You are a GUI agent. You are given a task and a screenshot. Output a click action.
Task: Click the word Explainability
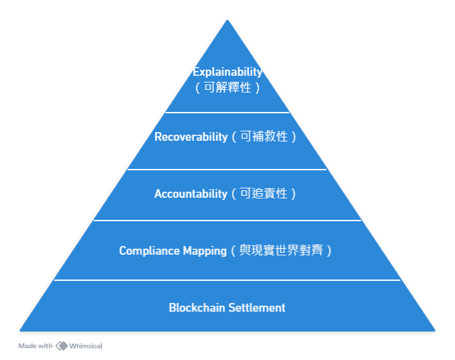click(227, 72)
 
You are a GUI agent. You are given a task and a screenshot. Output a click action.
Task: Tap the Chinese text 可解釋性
click(227, 87)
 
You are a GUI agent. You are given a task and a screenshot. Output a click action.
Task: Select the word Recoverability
click(191, 137)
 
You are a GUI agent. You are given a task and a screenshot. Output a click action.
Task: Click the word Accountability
click(191, 194)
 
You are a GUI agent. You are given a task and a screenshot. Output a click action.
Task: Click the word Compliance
click(148, 251)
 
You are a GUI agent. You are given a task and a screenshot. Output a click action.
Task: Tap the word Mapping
click(205, 251)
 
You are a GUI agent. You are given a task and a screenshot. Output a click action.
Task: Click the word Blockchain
click(197, 308)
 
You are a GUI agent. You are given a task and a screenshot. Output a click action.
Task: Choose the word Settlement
click(256, 308)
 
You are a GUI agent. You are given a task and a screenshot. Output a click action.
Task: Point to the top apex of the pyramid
click(227, 20)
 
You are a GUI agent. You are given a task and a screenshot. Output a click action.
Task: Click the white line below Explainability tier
click(227, 112)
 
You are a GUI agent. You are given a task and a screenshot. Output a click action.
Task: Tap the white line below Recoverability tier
click(227, 169)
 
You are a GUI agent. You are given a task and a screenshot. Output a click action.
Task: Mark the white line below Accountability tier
click(227, 221)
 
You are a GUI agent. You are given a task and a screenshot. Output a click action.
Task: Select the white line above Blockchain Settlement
click(227, 280)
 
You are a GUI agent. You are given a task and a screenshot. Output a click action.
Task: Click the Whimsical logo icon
click(62, 346)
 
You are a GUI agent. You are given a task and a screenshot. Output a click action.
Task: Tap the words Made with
click(36, 346)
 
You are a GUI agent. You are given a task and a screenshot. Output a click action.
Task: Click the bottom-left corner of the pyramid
click(21, 330)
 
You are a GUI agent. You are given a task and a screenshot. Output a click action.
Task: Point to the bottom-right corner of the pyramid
click(434, 330)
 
